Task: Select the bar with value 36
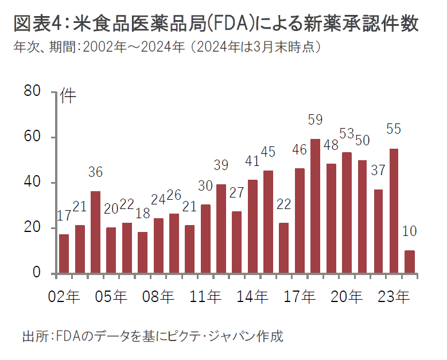pyautogui.click(x=95, y=232)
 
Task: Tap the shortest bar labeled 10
pyautogui.click(x=409, y=262)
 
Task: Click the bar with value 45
pyautogui.click(x=268, y=222)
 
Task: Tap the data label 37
pyautogui.click(x=378, y=171)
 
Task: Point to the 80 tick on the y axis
pyautogui.click(x=33, y=92)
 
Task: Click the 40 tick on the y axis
pyautogui.click(x=33, y=183)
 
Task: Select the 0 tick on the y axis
pyautogui.click(x=38, y=273)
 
